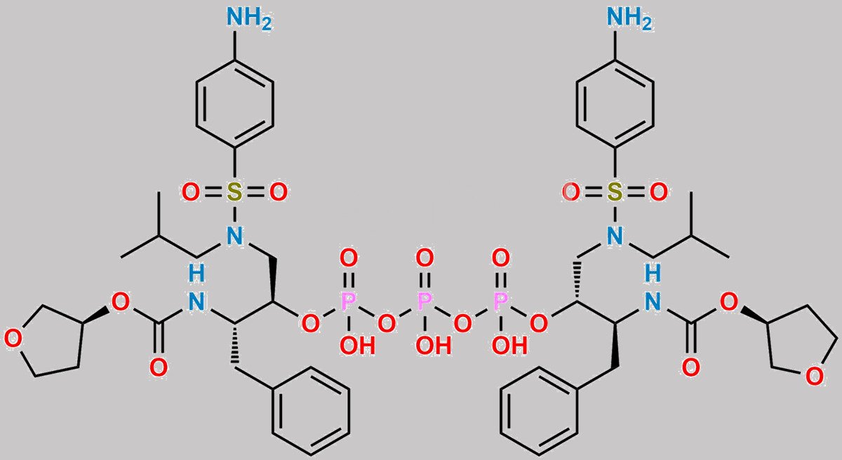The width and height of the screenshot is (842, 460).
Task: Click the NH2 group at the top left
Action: click(249, 18)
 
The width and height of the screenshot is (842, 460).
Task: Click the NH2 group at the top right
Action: click(629, 18)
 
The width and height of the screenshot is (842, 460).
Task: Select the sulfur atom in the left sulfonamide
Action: click(234, 192)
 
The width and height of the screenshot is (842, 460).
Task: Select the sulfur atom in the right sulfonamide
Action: click(615, 192)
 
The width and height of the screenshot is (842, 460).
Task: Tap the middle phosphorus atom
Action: click(425, 302)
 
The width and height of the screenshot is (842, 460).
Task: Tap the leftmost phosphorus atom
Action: click(348, 302)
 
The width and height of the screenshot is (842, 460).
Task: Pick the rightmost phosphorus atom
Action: click(501, 302)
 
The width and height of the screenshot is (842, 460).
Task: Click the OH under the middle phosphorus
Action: click(434, 345)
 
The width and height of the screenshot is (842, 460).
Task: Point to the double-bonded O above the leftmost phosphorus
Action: click(349, 258)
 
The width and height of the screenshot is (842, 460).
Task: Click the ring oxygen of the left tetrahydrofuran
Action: click(13, 339)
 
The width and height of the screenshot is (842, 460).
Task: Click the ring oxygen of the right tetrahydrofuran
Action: click(814, 377)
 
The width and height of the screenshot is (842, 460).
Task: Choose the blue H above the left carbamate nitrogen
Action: click(196, 273)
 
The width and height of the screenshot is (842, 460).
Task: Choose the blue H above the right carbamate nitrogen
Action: click(653, 273)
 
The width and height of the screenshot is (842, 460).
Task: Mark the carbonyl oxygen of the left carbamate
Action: click(159, 367)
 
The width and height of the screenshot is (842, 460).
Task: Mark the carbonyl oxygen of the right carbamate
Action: click(691, 367)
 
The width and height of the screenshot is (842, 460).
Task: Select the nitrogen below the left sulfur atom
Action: click(234, 236)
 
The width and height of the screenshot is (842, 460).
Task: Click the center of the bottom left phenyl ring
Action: click(312, 410)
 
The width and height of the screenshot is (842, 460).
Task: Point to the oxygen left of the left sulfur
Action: click(191, 192)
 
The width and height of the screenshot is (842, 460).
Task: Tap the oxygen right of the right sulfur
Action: click(659, 192)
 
